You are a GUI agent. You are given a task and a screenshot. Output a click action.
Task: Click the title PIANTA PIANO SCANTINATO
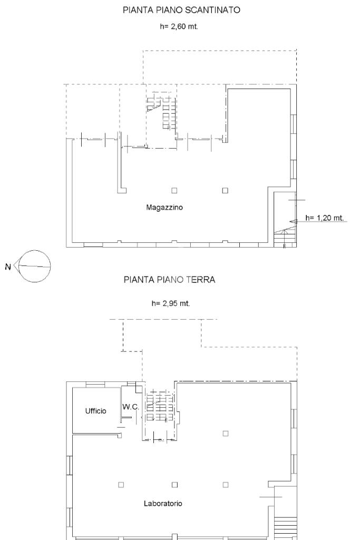tap(181, 10)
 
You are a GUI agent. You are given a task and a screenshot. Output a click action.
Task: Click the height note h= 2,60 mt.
tap(179, 26)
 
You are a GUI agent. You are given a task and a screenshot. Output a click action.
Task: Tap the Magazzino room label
tap(164, 208)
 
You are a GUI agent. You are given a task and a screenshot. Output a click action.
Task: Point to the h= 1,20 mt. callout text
tap(325, 218)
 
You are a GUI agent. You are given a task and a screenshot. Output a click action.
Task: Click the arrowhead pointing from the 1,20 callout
tap(293, 221)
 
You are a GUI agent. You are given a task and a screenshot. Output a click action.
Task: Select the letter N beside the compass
tap(8, 266)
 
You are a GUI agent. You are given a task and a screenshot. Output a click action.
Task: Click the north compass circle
tap(34, 266)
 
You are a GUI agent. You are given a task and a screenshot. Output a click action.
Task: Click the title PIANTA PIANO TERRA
tap(169, 279)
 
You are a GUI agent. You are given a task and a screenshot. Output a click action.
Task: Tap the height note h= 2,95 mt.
tap(171, 303)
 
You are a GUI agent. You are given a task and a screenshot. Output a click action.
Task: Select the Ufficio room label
tap(96, 411)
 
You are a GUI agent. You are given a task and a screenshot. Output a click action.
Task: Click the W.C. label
tap(131, 407)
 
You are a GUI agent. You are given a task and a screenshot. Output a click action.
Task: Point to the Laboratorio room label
tap(163, 504)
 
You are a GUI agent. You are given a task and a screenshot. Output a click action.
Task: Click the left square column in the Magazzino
tap(174, 190)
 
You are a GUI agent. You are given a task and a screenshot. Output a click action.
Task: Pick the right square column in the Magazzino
tap(225, 190)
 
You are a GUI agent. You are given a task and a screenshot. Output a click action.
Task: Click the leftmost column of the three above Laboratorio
tap(121, 485)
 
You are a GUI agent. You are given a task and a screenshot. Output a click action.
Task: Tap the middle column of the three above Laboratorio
tap(174, 485)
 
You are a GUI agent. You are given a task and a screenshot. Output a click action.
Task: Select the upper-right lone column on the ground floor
tap(225, 434)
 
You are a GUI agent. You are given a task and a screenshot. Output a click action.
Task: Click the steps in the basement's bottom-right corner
tap(285, 239)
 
